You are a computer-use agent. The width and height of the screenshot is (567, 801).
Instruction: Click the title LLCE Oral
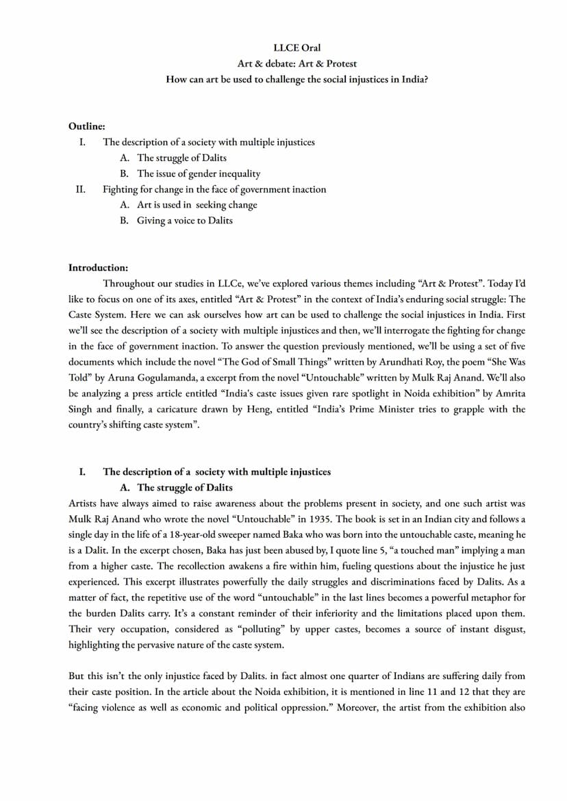point(297,48)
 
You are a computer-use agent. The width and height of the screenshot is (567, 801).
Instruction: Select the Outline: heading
point(86,127)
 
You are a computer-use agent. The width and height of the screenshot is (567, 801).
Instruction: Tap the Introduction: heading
point(98,267)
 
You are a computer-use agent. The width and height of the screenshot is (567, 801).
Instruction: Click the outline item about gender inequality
point(199,174)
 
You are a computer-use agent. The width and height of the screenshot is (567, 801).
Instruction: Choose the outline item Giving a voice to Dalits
point(185,221)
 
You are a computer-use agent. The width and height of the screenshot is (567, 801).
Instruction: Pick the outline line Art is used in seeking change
point(197,205)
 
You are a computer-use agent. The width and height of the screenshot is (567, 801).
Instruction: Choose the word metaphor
point(493,597)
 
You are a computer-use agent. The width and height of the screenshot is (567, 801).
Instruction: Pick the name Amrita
point(510,393)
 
